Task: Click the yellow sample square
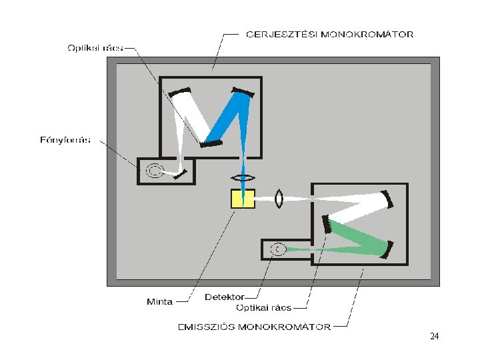pos(243,199)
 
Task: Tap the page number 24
pos(435,337)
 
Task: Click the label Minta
pos(159,301)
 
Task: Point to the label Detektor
pos(225,297)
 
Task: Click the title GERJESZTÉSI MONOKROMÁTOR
pos(330,34)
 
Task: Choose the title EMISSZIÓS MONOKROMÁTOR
pos(254,327)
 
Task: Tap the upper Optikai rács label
pos(95,47)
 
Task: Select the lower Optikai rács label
pos(264,307)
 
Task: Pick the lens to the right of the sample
pos(279,199)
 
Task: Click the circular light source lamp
pos(154,171)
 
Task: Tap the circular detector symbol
pos(277,249)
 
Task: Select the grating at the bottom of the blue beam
pos(212,142)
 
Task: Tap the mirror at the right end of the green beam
pos(389,249)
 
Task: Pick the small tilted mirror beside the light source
pos(183,174)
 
